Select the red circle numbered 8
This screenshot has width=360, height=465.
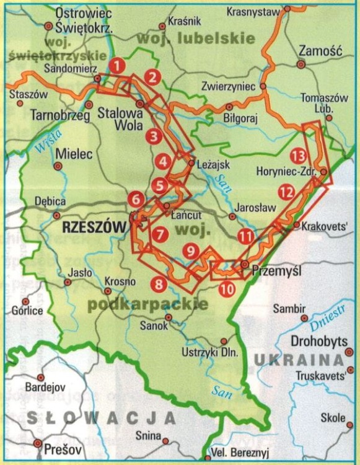click(159, 284)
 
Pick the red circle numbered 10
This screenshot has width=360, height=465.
click(227, 288)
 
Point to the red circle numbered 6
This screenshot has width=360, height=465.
click(136, 199)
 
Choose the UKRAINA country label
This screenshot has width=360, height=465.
click(298, 359)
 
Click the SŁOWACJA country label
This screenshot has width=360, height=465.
click(99, 417)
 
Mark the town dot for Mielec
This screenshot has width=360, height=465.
click(58, 166)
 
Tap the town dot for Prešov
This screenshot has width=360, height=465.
click(38, 444)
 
